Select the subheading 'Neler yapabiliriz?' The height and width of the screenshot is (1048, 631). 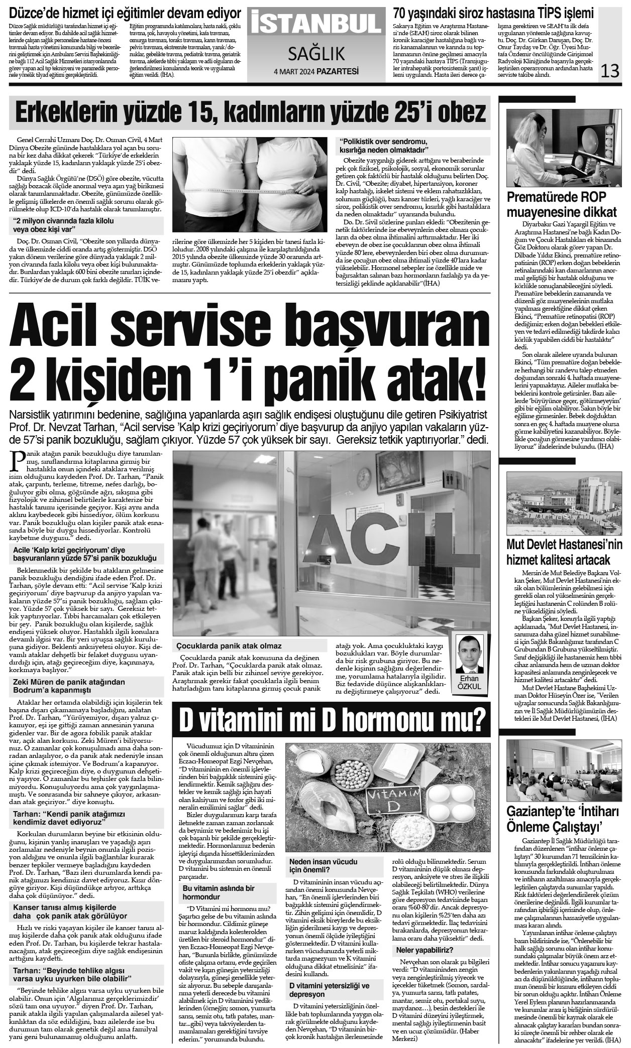click(425, 950)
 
